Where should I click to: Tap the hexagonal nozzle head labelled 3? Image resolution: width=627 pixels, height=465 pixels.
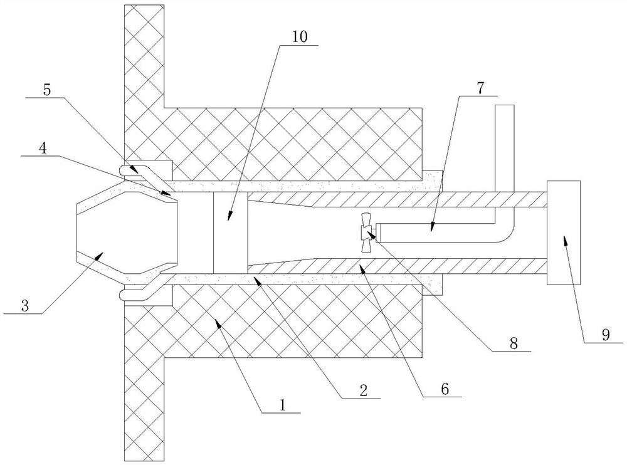pos(128,232)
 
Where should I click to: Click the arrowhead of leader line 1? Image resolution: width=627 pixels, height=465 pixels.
pos(217,321)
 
